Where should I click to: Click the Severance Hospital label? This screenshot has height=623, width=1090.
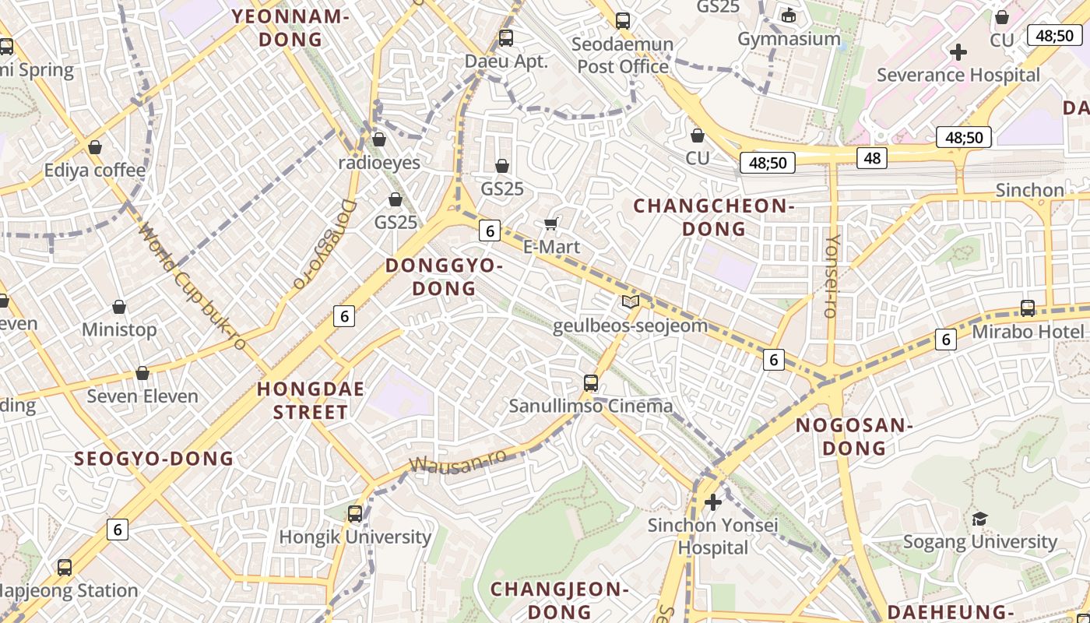coord(958,75)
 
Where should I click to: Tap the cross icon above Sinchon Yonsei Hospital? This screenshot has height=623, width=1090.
coord(712,502)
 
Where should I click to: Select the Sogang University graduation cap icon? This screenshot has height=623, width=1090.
coord(979,519)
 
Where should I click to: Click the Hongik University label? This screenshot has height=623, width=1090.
coord(355,537)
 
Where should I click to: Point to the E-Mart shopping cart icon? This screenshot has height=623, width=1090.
coord(551,224)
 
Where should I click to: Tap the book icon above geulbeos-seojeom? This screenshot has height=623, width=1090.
coord(630,302)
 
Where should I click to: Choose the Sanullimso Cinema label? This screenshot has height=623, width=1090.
coord(591,406)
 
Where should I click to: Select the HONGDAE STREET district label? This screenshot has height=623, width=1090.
coord(311,400)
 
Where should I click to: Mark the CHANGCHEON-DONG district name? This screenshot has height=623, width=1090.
coord(713,217)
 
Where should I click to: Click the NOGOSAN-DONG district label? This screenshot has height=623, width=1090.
coord(854,436)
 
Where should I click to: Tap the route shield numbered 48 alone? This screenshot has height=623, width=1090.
coord(872,159)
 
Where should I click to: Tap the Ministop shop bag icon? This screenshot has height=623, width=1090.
coord(119,307)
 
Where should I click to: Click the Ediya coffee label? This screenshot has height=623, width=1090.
coord(95,171)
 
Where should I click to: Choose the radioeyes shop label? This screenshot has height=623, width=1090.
coord(379,163)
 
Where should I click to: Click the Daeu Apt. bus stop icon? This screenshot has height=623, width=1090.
coord(506,37)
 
